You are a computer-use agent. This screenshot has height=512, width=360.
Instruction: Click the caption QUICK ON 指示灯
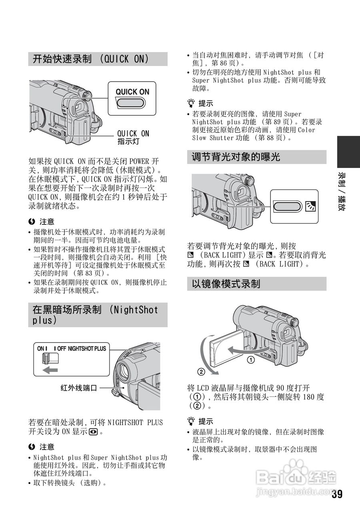point(133,138)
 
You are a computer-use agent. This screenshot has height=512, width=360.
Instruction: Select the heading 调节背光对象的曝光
point(236,157)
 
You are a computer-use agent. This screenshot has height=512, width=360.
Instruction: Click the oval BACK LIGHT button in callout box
point(288,206)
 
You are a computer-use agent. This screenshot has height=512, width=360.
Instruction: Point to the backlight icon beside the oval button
point(310,206)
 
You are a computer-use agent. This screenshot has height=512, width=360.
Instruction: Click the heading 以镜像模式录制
point(226,284)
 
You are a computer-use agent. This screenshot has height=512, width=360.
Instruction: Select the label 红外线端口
point(79,388)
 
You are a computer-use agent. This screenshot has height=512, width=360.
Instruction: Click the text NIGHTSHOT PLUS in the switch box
point(87,349)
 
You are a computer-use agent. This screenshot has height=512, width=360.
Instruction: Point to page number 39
point(337,494)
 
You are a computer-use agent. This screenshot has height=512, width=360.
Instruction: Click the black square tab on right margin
point(348,152)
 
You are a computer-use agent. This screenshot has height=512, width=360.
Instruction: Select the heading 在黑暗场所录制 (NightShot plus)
point(96,315)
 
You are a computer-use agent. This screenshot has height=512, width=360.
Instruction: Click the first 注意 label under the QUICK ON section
point(47,222)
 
